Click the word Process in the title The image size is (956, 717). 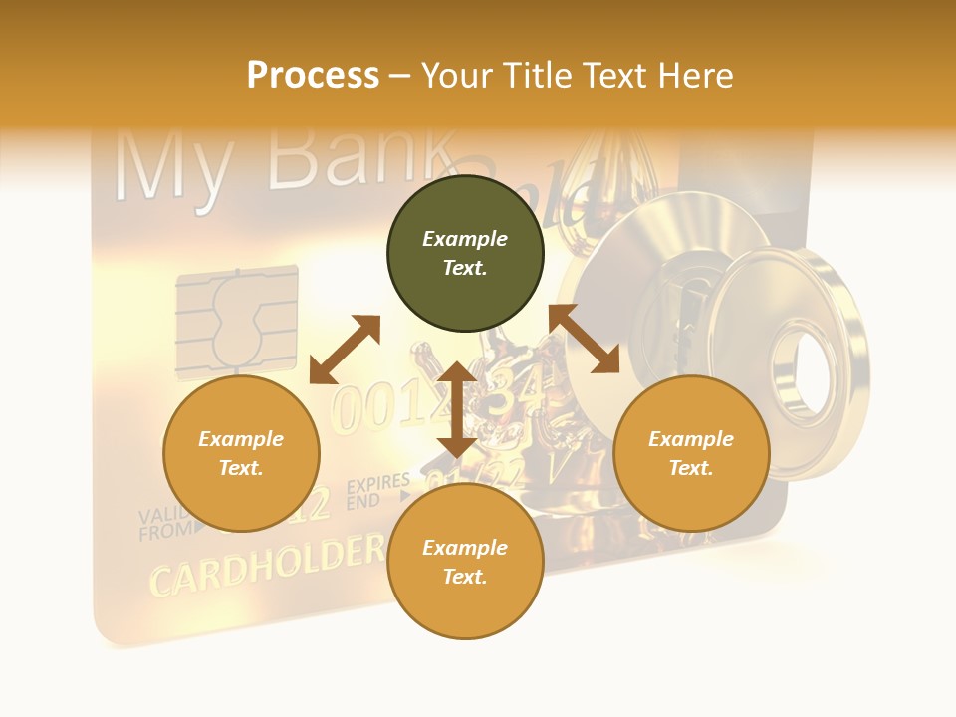[x=313, y=75]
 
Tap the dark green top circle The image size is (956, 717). [x=465, y=254]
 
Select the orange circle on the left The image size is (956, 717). [x=241, y=453]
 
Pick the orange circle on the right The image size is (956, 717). [x=691, y=453]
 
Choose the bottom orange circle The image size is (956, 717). [x=465, y=562]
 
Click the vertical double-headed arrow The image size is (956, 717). [x=457, y=409]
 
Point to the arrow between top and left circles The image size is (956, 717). [x=345, y=350]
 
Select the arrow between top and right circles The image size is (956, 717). [x=585, y=339]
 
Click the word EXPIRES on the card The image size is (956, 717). [x=377, y=485]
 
